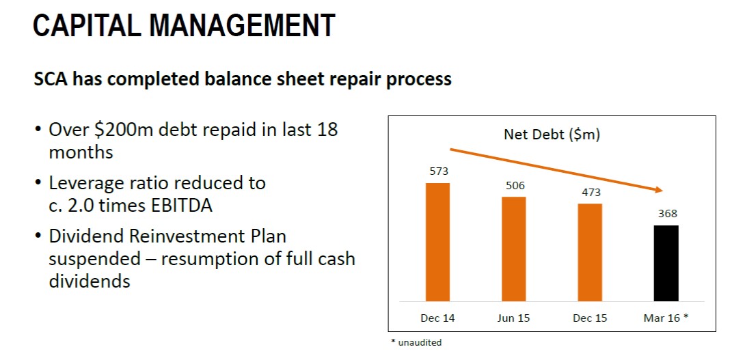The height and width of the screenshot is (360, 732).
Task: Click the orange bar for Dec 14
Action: coord(437,242)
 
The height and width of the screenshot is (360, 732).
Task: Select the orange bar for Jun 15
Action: coord(513,249)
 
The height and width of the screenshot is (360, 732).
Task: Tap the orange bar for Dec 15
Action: coord(590,252)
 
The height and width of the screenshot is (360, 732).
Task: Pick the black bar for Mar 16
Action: coord(666,264)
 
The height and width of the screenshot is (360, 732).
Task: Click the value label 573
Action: coord(439,171)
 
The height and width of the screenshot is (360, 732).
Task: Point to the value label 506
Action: coord(515,186)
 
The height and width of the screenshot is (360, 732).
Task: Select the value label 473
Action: coord(591,192)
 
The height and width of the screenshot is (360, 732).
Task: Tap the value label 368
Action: coord(668,214)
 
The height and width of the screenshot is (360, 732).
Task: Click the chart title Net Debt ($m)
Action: coord(552,135)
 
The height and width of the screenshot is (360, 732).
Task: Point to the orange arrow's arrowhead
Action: coord(659,189)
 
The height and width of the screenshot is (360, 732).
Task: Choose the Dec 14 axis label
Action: coord(437,318)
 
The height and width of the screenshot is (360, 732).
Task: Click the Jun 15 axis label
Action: coord(513,318)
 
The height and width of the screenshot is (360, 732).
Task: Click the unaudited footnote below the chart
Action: coord(416,342)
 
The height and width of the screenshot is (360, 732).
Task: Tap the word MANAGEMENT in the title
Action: coord(242,25)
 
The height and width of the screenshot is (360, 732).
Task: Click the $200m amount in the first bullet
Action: coord(124,129)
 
